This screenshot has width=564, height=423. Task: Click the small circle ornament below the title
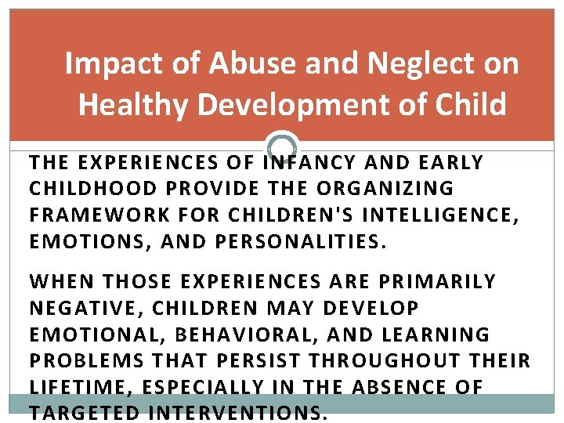click(282, 146)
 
